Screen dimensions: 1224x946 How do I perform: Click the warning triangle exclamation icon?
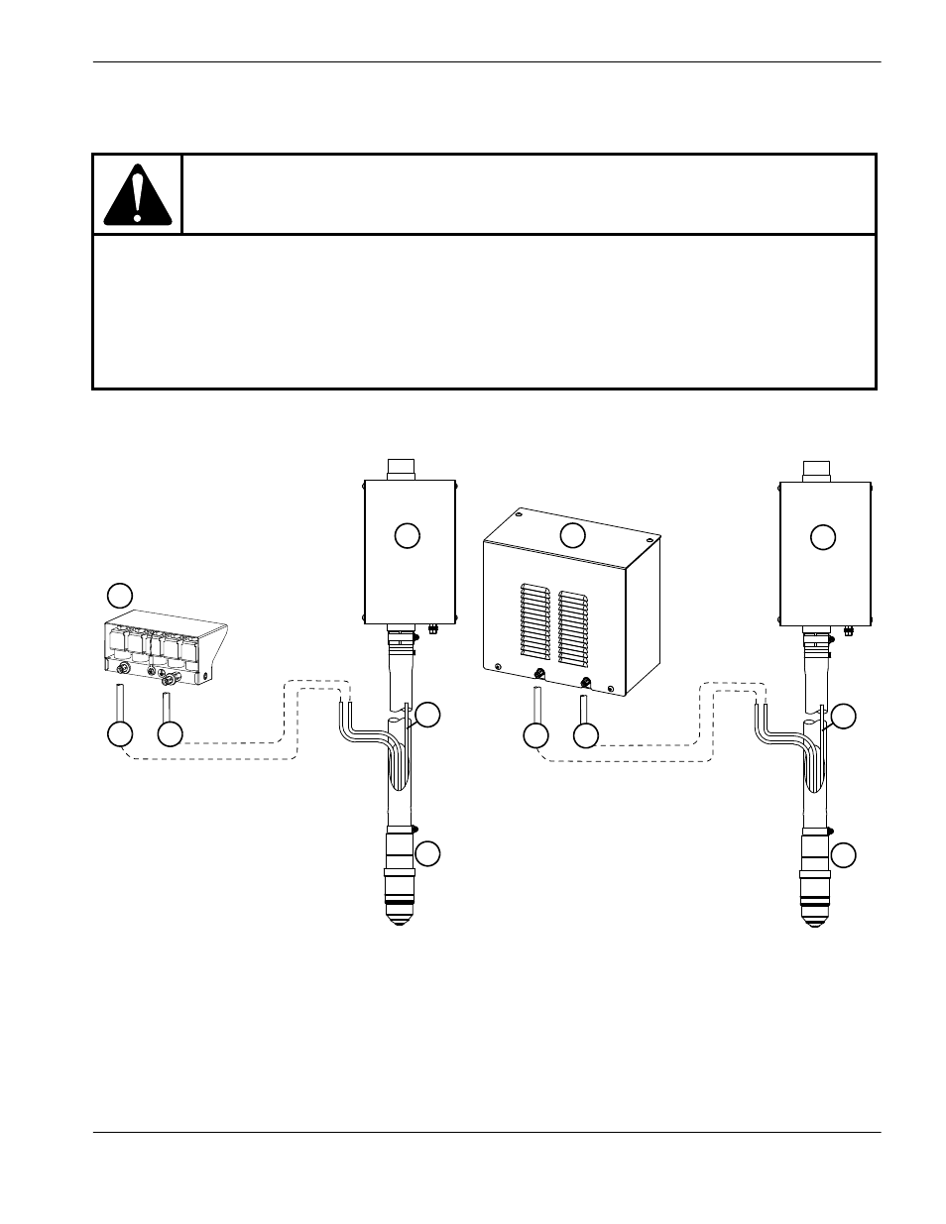click(138, 194)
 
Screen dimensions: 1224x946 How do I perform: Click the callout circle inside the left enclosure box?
click(407, 535)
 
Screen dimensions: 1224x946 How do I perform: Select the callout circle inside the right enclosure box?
click(823, 537)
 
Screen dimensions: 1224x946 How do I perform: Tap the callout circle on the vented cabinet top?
click(572, 535)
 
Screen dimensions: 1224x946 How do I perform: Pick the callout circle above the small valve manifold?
click(119, 595)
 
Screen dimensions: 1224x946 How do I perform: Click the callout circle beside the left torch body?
click(427, 853)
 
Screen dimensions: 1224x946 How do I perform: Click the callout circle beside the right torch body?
click(844, 854)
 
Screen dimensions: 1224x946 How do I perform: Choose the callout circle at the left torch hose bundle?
click(427, 716)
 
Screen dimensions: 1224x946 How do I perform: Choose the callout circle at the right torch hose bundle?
click(844, 716)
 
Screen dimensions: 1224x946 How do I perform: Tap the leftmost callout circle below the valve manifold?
click(119, 735)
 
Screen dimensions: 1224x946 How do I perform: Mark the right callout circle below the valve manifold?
click(171, 735)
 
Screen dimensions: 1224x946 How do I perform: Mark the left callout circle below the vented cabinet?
click(535, 735)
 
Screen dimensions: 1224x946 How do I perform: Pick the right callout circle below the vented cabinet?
click(586, 735)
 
